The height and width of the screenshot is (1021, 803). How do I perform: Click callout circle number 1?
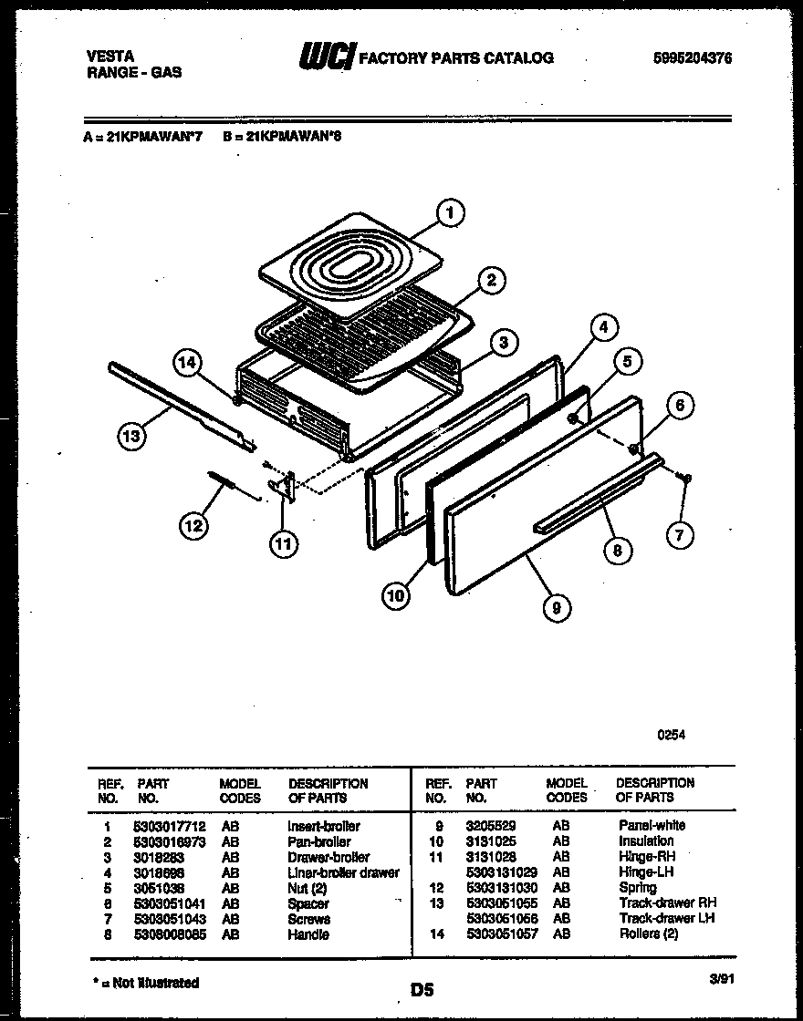(448, 214)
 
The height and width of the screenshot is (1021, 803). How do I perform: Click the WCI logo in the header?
(326, 57)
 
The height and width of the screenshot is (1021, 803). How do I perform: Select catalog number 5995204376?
(693, 58)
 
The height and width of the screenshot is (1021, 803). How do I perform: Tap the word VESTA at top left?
(105, 56)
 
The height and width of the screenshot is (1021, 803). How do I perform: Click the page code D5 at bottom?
(422, 989)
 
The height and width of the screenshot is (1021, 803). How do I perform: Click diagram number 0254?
(672, 736)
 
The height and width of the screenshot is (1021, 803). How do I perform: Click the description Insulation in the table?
(646, 841)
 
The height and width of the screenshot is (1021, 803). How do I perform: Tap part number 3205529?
(491, 825)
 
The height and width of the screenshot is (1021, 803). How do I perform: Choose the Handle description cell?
(308, 934)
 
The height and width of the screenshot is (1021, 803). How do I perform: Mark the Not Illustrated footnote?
(146, 982)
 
